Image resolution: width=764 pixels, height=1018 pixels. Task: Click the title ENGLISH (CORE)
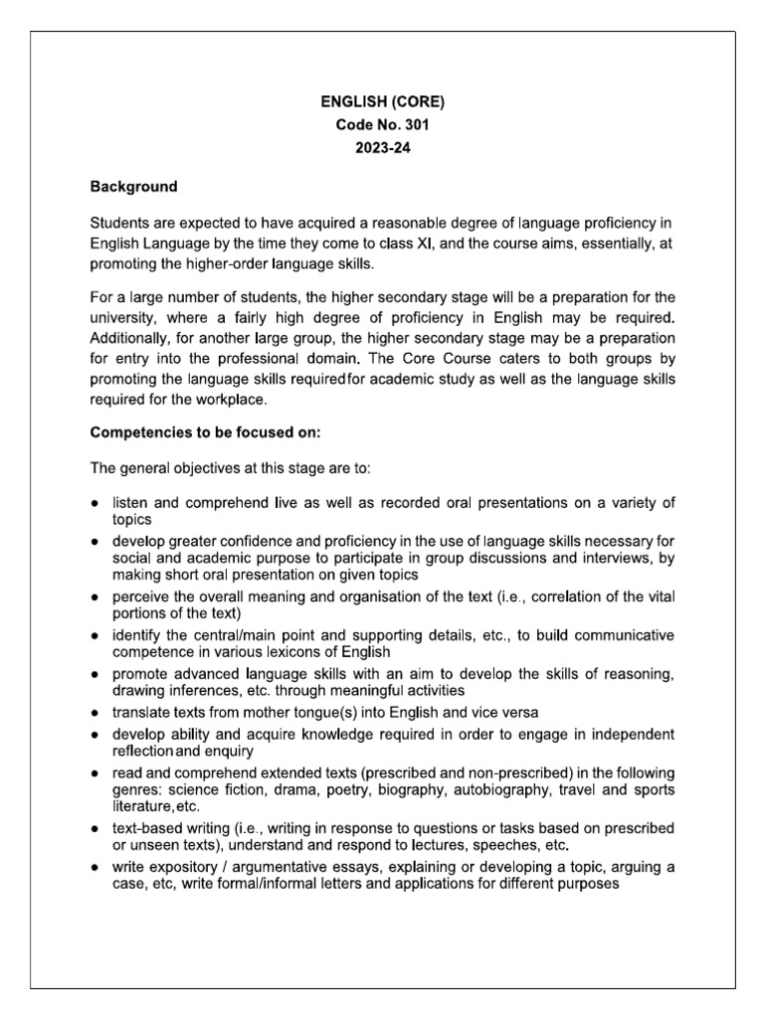(x=383, y=100)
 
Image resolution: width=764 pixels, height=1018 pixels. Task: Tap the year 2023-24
(x=383, y=150)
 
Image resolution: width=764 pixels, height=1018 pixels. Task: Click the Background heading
(x=134, y=186)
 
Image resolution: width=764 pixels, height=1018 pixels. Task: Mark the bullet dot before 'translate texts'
(x=95, y=714)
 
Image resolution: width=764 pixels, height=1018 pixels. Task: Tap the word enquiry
(x=227, y=753)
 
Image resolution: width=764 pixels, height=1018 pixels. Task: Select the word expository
(x=179, y=868)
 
